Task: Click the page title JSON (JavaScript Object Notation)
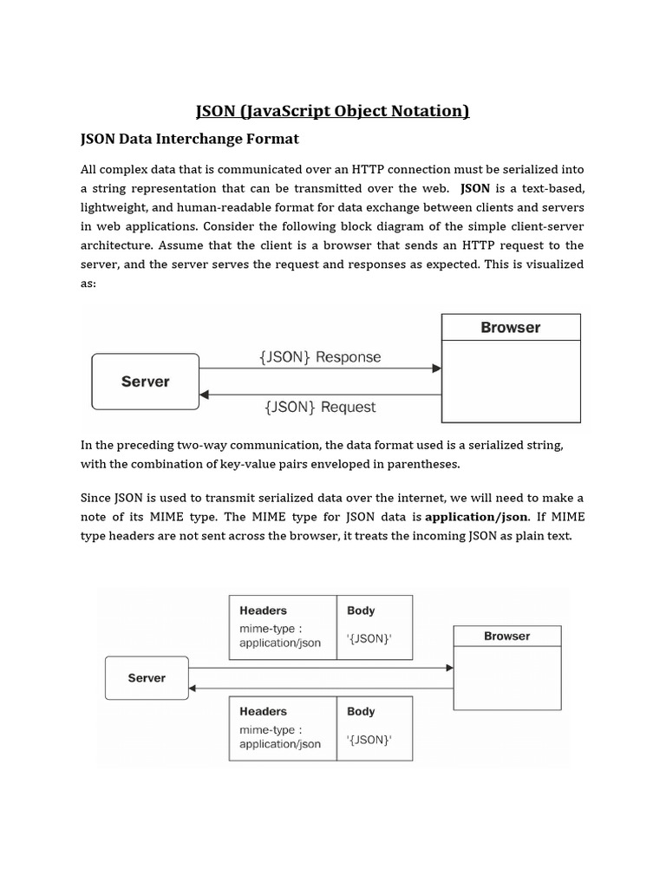point(332,110)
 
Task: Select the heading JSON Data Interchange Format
point(189,138)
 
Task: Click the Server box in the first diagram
point(145,382)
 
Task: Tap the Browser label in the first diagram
point(510,328)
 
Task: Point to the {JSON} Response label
point(320,356)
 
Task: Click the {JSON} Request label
point(320,406)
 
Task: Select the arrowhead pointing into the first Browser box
point(436,369)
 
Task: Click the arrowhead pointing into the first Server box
point(205,394)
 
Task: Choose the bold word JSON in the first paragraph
point(476,188)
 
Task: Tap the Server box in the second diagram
point(146,678)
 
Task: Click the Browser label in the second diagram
point(506,637)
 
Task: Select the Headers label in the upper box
point(263,610)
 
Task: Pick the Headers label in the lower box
point(263,711)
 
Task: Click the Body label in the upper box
point(361,610)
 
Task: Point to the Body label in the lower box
point(361,711)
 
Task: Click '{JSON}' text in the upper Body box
point(369,639)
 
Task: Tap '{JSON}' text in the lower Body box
point(369,740)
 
